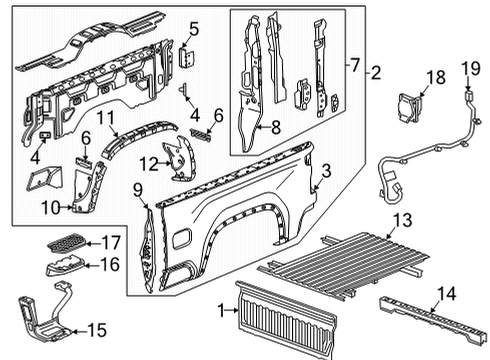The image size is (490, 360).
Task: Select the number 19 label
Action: [466, 68]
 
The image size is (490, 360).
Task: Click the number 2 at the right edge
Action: [376, 72]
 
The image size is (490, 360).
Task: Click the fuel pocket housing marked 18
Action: [409, 104]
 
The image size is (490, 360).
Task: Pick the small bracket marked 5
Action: [186, 58]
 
